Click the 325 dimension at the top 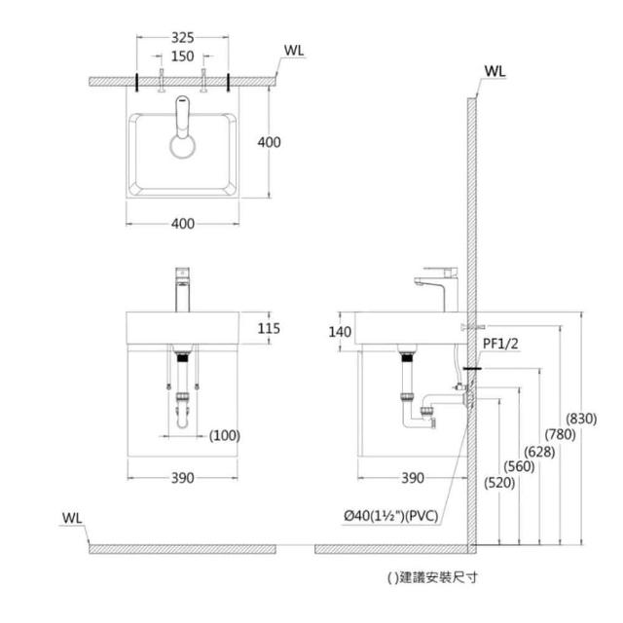click(x=183, y=38)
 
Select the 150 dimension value click(x=183, y=56)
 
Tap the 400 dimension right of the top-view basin click(x=269, y=142)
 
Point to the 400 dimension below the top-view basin click(x=183, y=224)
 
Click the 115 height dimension click(x=269, y=329)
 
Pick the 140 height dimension click(x=340, y=332)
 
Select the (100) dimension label click(x=225, y=435)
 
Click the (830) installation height click(x=581, y=419)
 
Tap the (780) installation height click(x=561, y=435)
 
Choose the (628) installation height click(x=539, y=452)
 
